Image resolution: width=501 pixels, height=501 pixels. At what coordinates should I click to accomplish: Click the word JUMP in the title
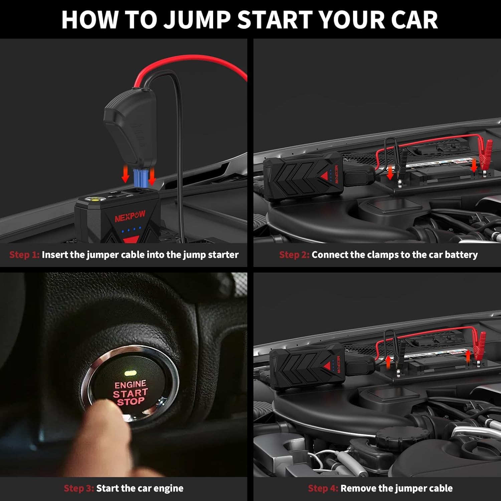point(197,20)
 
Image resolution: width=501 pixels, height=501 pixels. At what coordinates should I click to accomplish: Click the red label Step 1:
point(24,255)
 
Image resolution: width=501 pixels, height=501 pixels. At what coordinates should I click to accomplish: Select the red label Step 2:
point(294,255)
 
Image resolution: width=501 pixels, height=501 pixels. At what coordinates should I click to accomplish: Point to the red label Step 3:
point(79,488)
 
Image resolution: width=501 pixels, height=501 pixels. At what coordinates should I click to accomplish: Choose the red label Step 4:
point(323,488)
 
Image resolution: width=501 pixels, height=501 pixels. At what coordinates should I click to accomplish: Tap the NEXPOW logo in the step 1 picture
point(130,216)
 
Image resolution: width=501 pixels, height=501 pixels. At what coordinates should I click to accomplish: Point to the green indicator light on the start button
point(130,372)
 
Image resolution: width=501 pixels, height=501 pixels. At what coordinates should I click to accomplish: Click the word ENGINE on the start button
point(130,384)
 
